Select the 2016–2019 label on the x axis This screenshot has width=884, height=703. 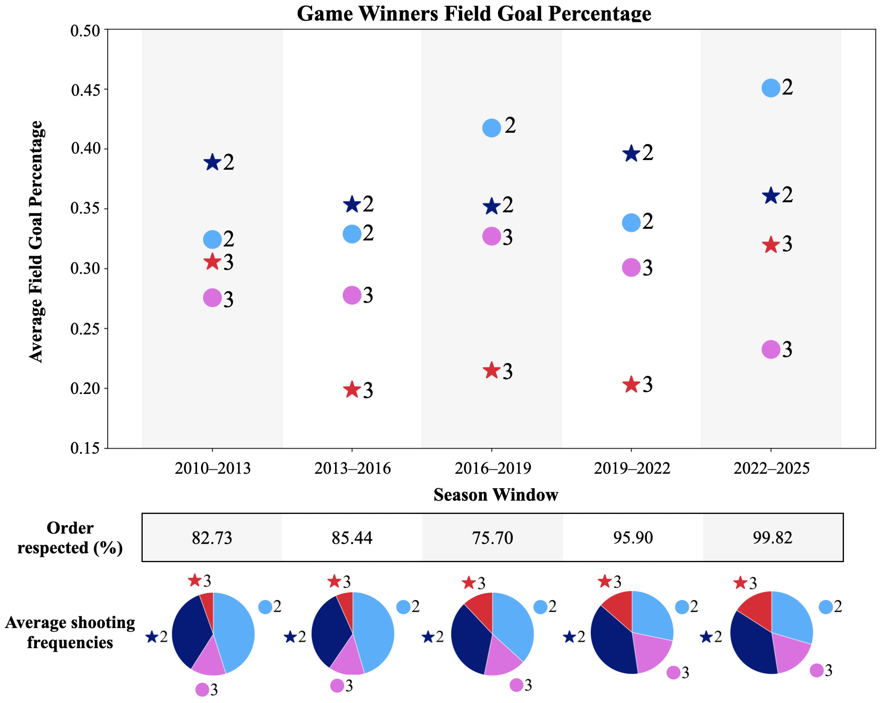492,468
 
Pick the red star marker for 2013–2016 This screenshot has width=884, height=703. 352,389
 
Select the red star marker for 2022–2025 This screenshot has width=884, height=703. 771,245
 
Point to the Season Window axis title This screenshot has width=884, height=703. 496,494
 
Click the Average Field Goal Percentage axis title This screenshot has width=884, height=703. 36,242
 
